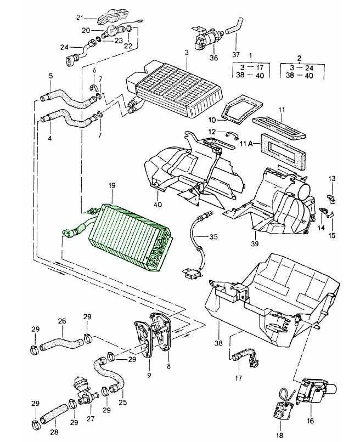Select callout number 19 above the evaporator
coord(111,186)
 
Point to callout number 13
coord(332,179)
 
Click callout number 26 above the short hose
coord(62,321)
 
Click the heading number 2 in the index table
coord(299,56)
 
